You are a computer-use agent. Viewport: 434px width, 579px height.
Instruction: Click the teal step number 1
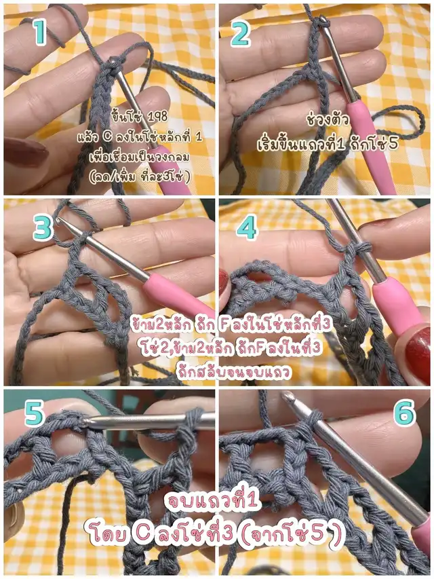coord(40,32)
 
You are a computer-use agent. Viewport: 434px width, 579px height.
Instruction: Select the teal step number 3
coord(43,227)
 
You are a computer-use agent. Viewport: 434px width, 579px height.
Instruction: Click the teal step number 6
coord(404,412)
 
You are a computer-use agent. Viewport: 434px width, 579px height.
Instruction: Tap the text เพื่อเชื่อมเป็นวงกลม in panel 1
coord(140,157)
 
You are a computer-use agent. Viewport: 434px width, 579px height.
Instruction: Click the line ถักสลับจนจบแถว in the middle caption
coord(233,371)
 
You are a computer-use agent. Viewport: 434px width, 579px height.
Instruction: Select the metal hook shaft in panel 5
coord(148,422)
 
